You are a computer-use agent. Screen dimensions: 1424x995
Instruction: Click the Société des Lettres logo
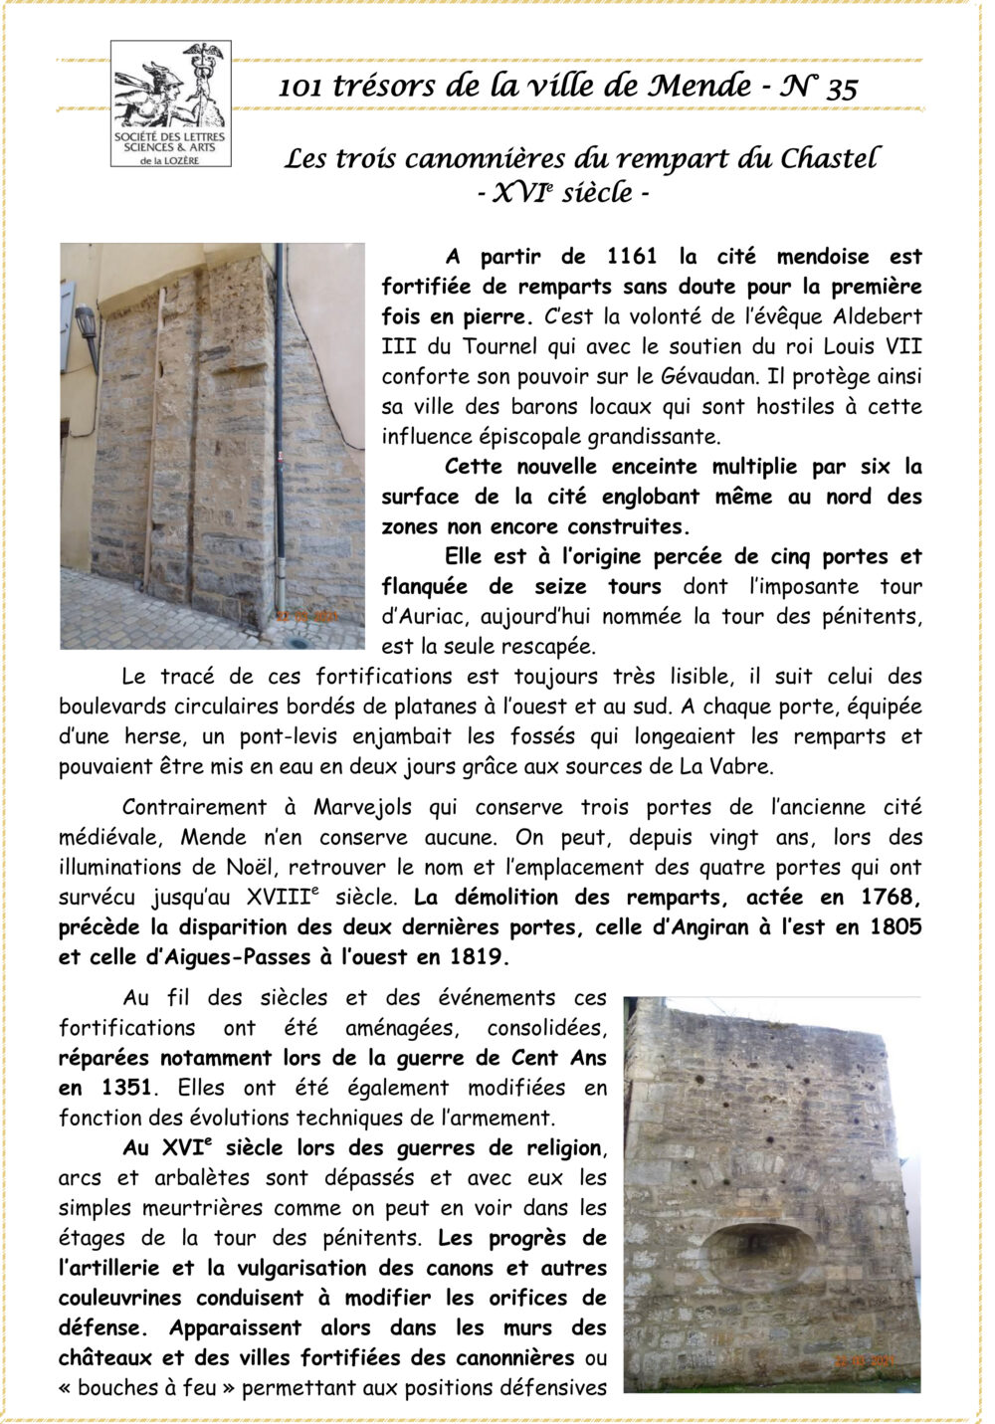170,103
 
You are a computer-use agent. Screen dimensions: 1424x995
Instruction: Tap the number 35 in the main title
841,88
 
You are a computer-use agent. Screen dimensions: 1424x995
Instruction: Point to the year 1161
632,257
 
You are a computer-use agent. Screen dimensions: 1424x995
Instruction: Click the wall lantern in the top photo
87,327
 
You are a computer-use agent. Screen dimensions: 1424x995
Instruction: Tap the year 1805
895,927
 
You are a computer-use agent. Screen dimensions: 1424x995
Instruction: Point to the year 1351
127,1088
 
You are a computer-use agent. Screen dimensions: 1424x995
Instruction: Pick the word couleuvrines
121,1299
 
